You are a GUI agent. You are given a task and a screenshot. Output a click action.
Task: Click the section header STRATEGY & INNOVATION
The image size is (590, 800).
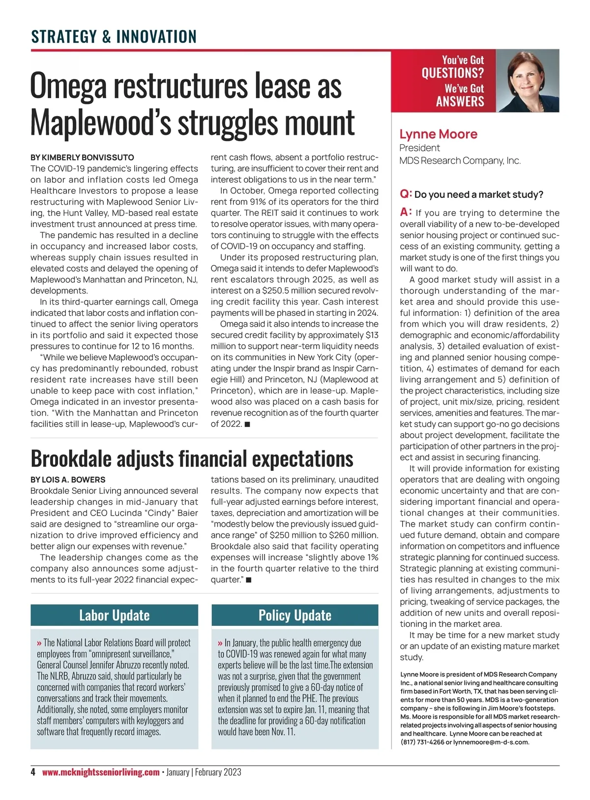click(x=114, y=36)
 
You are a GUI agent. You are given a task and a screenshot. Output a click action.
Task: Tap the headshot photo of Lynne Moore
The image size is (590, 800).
click(x=528, y=81)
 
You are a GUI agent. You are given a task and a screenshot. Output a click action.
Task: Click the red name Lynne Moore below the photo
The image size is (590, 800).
click(x=438, y=134)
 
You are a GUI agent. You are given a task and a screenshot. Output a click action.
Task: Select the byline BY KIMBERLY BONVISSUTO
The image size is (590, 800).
click(x=82, y=157)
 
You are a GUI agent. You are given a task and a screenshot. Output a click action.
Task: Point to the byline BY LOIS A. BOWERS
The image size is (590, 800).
click(x=68, y=480)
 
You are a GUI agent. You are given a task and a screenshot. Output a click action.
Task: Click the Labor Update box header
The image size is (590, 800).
click(x=114, y=615)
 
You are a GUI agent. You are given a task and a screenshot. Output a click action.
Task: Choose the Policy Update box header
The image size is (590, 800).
click(x=295, y=615)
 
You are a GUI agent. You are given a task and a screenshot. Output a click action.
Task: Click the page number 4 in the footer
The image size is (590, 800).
click(x=33, y=772)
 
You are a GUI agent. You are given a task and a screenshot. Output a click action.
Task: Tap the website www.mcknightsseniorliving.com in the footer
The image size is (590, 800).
click(x=101, y=772)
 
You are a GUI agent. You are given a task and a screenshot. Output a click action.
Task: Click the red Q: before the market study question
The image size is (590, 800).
click(x=406, y=194)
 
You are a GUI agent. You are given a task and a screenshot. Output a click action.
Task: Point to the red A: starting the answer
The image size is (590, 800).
click(x=406, y=212)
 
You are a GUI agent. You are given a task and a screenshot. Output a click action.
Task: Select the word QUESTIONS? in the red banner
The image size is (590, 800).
click(x=452, y=73)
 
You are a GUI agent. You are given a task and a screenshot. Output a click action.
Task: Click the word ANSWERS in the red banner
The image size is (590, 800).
click(x=460, y=102)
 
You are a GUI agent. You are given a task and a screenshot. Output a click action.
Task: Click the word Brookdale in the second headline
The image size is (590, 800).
click(x=70, y=459)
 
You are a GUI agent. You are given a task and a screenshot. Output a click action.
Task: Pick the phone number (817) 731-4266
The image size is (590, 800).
click(x=422, y=742)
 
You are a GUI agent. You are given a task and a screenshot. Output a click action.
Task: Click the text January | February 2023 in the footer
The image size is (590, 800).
click(x=204, y=772)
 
